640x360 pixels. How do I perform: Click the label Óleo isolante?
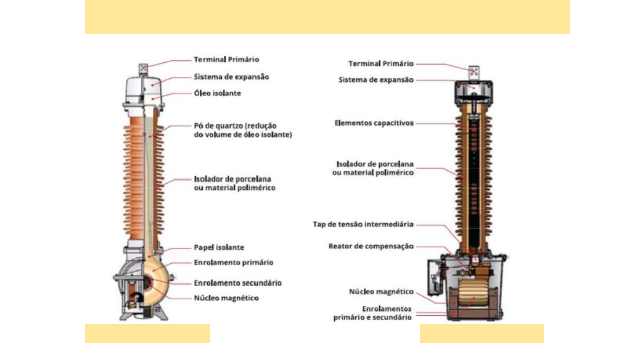coord(217,93)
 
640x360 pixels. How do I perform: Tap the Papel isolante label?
coord(219,247)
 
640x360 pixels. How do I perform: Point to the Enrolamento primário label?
coord(234,262)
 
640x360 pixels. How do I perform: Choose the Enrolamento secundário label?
coord(238,283)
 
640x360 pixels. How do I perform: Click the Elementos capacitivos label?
coord(374,123)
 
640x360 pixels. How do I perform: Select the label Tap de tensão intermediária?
coord(363,224)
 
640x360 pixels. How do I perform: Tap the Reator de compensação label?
coord(371,246)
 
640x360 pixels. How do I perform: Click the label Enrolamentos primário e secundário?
coord(373,313)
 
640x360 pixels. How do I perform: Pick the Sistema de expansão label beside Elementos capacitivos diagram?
coord(376,80)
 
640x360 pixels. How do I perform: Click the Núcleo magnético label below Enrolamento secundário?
coord(226,298)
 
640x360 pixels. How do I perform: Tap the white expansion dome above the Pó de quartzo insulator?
coord(144,91)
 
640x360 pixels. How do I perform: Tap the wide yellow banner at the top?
coord(328,17)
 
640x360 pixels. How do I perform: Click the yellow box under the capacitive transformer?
coord(482,333)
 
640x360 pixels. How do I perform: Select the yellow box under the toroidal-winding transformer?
coord(148,333)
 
